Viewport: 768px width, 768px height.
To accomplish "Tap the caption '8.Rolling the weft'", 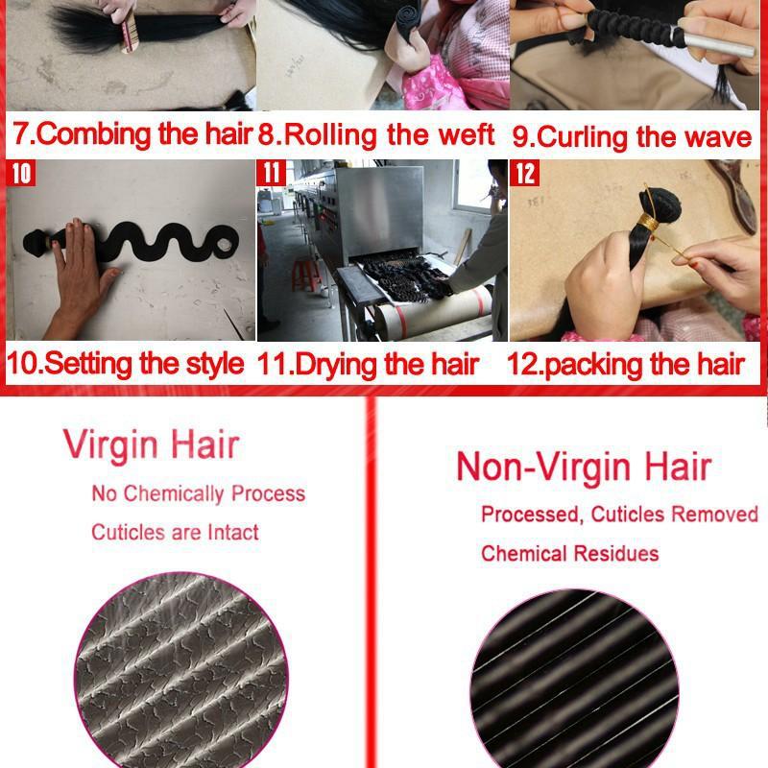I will coord(376,133).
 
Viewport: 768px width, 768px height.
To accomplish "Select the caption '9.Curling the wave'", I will coord(631,136).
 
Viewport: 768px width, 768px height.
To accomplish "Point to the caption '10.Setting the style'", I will coord(126,364).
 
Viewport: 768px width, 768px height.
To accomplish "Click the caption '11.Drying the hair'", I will coord(369,365).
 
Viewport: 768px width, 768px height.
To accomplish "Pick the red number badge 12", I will coord(525,174).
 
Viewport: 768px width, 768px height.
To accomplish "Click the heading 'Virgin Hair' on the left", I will coord(151,445).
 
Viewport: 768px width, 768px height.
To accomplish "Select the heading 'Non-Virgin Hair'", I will coord(583,467).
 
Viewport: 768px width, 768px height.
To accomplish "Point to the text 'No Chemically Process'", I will coord(198,494).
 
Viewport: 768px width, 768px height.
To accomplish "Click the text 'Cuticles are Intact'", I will coord(175,532).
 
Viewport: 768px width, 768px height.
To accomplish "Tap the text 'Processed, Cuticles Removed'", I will coord(619,515).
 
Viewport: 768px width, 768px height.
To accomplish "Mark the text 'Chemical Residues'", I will coord(569,553).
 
